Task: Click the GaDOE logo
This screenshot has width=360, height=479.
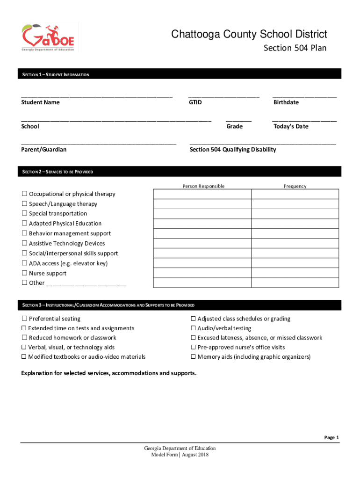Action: tap(49, 37)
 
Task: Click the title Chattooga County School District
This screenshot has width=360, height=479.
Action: tap(249, 34)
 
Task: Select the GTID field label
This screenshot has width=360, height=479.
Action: tap(195, 102)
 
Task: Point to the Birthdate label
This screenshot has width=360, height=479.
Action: tap(286, 102)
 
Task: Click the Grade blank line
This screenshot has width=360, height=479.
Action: tap(238, 119)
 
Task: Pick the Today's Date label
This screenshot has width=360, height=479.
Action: tap(290, 126)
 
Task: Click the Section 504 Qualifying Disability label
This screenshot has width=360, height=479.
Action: tap(232, 150)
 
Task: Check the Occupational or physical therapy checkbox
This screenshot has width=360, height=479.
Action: tap(24, 194)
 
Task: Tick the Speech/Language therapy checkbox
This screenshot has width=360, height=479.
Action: tap(24, 204)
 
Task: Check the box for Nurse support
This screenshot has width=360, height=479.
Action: tap(24, 273)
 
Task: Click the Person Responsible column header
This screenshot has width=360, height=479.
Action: tap(203, 186)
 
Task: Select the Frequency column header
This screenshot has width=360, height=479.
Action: tap(295, 186)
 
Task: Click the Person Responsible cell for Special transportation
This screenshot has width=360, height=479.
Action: tap(202, 214)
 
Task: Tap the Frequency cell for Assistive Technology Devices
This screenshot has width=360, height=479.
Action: tap(295, 243)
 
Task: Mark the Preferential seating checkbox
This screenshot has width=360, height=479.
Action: tap(24, 319)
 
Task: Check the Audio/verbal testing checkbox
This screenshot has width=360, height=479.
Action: tap(193, 328)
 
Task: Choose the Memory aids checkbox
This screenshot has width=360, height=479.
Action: tap(193, 357)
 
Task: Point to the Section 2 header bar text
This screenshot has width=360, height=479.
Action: tap(58, 172)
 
